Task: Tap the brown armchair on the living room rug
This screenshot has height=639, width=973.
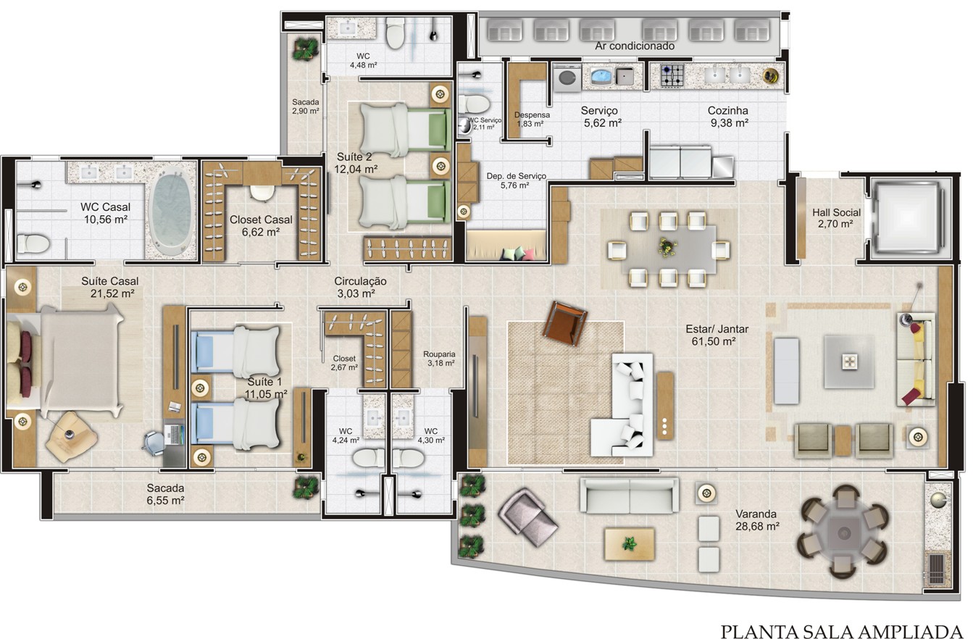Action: [564, 323]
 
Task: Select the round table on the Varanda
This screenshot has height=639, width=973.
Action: [843, 532]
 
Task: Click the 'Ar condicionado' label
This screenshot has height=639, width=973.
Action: [635, 46]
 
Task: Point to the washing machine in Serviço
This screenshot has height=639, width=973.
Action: [567, 78]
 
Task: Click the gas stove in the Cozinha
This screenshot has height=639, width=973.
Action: [672, 75]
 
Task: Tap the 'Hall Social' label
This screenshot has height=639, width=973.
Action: [836, 212]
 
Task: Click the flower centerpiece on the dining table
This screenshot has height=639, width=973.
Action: [668, 247]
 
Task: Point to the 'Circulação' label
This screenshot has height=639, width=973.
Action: [360, 282]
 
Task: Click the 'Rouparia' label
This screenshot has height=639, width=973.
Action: [439, 354]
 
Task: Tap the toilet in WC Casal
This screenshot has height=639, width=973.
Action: [33, 243]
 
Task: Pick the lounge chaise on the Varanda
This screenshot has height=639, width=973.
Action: [527, 517]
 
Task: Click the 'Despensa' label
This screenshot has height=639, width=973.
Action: [532, 115]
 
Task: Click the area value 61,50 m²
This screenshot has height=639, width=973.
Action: [713, 341]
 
